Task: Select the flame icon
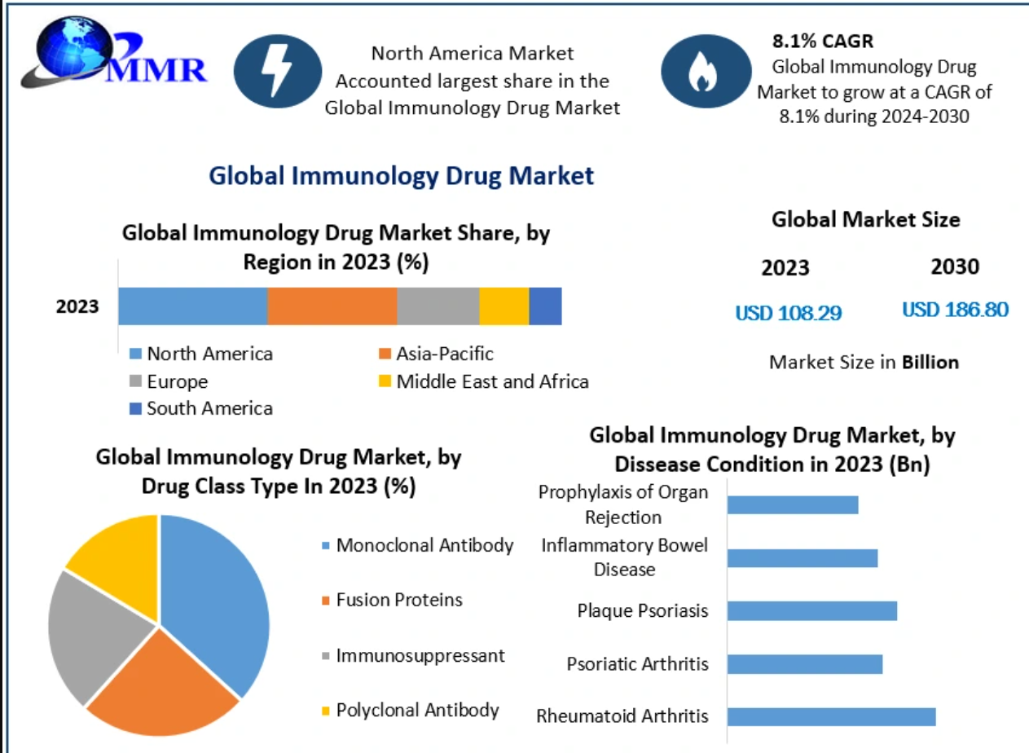pos(700,72)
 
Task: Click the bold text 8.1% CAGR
pos(822,41)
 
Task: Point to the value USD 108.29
pos(788,312)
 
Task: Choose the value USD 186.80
pos(955,310)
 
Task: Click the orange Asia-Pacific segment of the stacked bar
pos(332,306)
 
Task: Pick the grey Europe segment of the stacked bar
pos(438,306)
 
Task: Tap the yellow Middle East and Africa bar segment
pos(504,306)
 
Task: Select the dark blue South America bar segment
pos(545,306)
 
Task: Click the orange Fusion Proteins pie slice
pos(163,689)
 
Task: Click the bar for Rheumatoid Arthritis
pos(831,716)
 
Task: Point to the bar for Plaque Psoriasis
pos(811,610)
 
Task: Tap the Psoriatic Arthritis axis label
pos(637,663)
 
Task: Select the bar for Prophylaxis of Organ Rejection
pos(793,504)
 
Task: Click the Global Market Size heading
pos(865,219)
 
